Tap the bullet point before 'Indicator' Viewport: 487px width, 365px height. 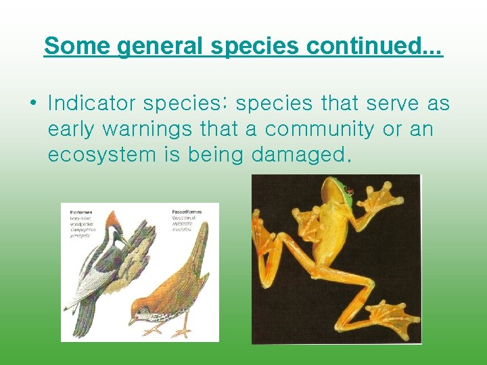click(32, 104)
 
